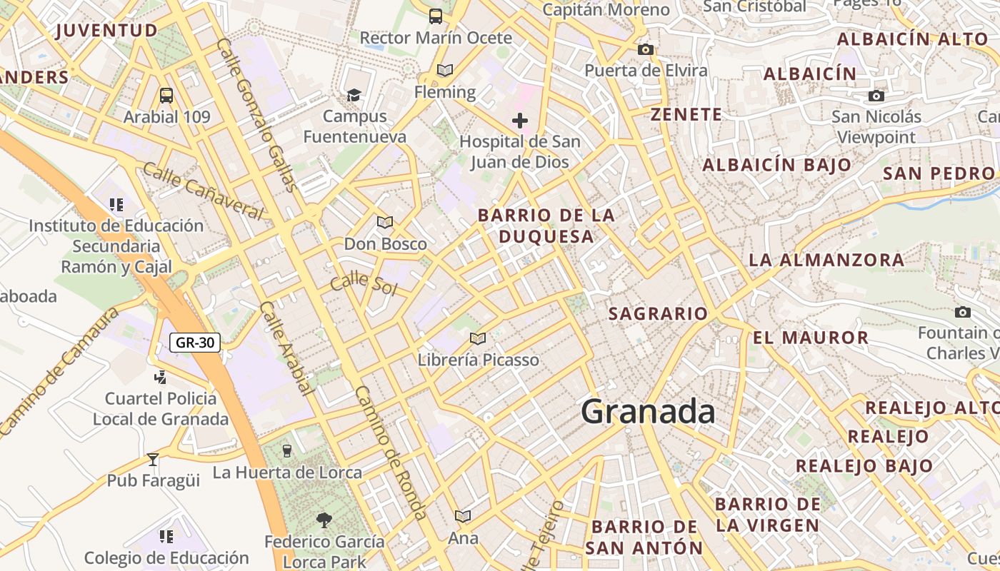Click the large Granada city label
click(648, 413)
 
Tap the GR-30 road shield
click(195, 343)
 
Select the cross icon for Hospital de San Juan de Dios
click(520, 120)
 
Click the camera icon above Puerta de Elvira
click(646, 49)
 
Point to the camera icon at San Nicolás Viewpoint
click(876, 96)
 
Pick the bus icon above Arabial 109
click(166, 95)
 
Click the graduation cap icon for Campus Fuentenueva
click(354, 95)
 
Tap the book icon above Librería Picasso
click(478, 338)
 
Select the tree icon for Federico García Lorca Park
click(324, 520)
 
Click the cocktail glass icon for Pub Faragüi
click(152, 459)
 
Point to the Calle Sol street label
click(363, 283)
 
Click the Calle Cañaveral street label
click(203, 191)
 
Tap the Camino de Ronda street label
click(391, 453)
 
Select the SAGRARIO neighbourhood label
click(658, 314)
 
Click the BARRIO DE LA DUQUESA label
click(546, 226)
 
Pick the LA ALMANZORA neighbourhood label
click(826, 260)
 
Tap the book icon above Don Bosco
click(385, 223)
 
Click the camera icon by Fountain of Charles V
click(963, 313)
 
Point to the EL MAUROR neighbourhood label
click(811, 338)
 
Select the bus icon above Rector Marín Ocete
click(435, 16)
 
